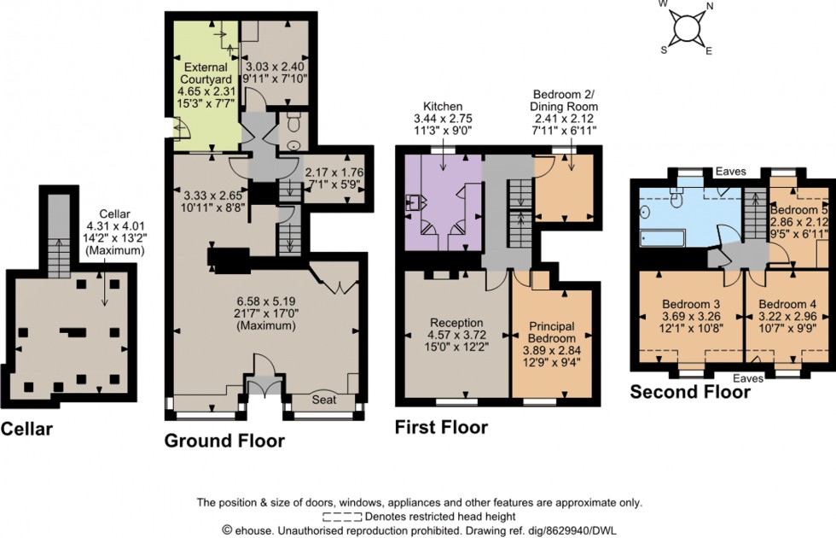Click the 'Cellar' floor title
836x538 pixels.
pos(26,430)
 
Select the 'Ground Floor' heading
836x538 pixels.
pos(224,441)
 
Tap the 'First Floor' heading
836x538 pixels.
pos(441,427)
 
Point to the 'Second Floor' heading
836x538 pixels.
pos(690,392)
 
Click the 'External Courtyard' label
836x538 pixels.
pos(206,67)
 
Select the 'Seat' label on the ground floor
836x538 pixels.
pos(323,400)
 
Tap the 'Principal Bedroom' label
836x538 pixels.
pos(550,332)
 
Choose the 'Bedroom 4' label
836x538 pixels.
pos(787,304)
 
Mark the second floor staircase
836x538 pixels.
pos(752,216)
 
